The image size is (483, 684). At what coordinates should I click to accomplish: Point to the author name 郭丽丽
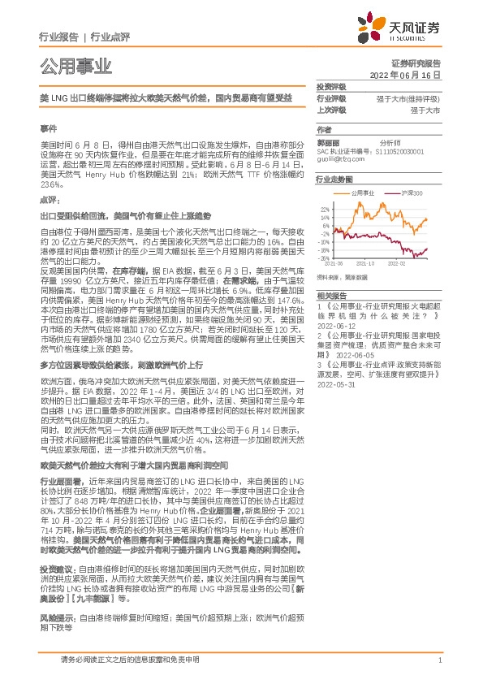click(328, 141)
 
